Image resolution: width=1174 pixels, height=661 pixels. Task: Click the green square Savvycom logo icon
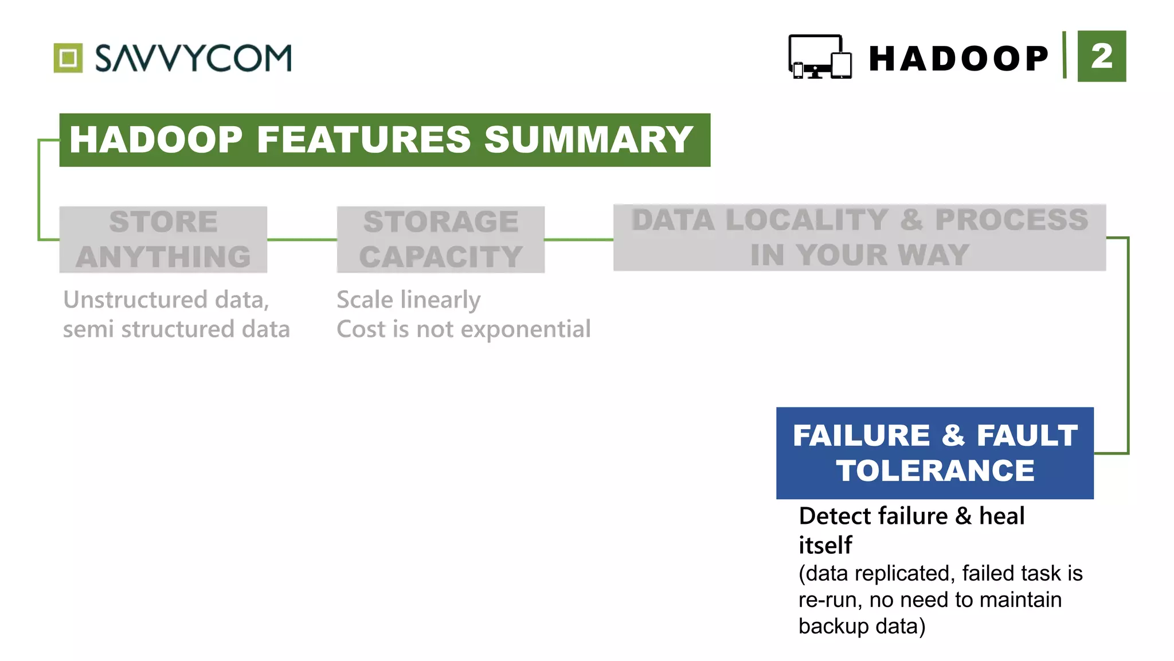click(x=68, y=58)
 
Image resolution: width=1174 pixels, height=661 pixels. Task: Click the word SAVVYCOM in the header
click(x=193, y=58)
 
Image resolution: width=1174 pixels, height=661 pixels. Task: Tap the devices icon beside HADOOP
click(x=820, y=57)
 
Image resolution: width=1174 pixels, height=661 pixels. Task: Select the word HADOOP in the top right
click(x=958, y=59)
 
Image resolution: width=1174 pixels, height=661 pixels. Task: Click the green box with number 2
click(x=1101, y=56)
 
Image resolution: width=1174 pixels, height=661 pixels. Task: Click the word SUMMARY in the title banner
click(x=589, y=140)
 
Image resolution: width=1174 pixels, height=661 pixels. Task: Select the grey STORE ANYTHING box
click(x=163, y=239)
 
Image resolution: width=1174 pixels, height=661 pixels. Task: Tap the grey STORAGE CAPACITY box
click(x=440, y=239)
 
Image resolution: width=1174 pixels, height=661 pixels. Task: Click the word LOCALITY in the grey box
click(x=807, y=220)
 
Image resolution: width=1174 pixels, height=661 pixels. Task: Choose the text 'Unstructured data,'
click(x=166, y=300)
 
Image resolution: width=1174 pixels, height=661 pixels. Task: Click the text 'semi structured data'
click(x=176, y=329)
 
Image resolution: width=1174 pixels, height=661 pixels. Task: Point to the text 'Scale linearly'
click(x=408, y=300)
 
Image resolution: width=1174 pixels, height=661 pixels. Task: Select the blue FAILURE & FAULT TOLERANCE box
click(x=934, y=453)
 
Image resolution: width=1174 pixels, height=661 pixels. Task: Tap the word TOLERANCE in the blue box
click(x=935, y=471)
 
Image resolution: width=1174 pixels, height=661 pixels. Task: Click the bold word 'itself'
click(x=825, y=545)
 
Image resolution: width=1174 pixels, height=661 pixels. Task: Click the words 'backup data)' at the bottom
click(x=862, y=626)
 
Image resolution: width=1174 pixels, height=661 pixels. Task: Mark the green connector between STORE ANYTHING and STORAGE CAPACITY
click(x=302, y=239)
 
